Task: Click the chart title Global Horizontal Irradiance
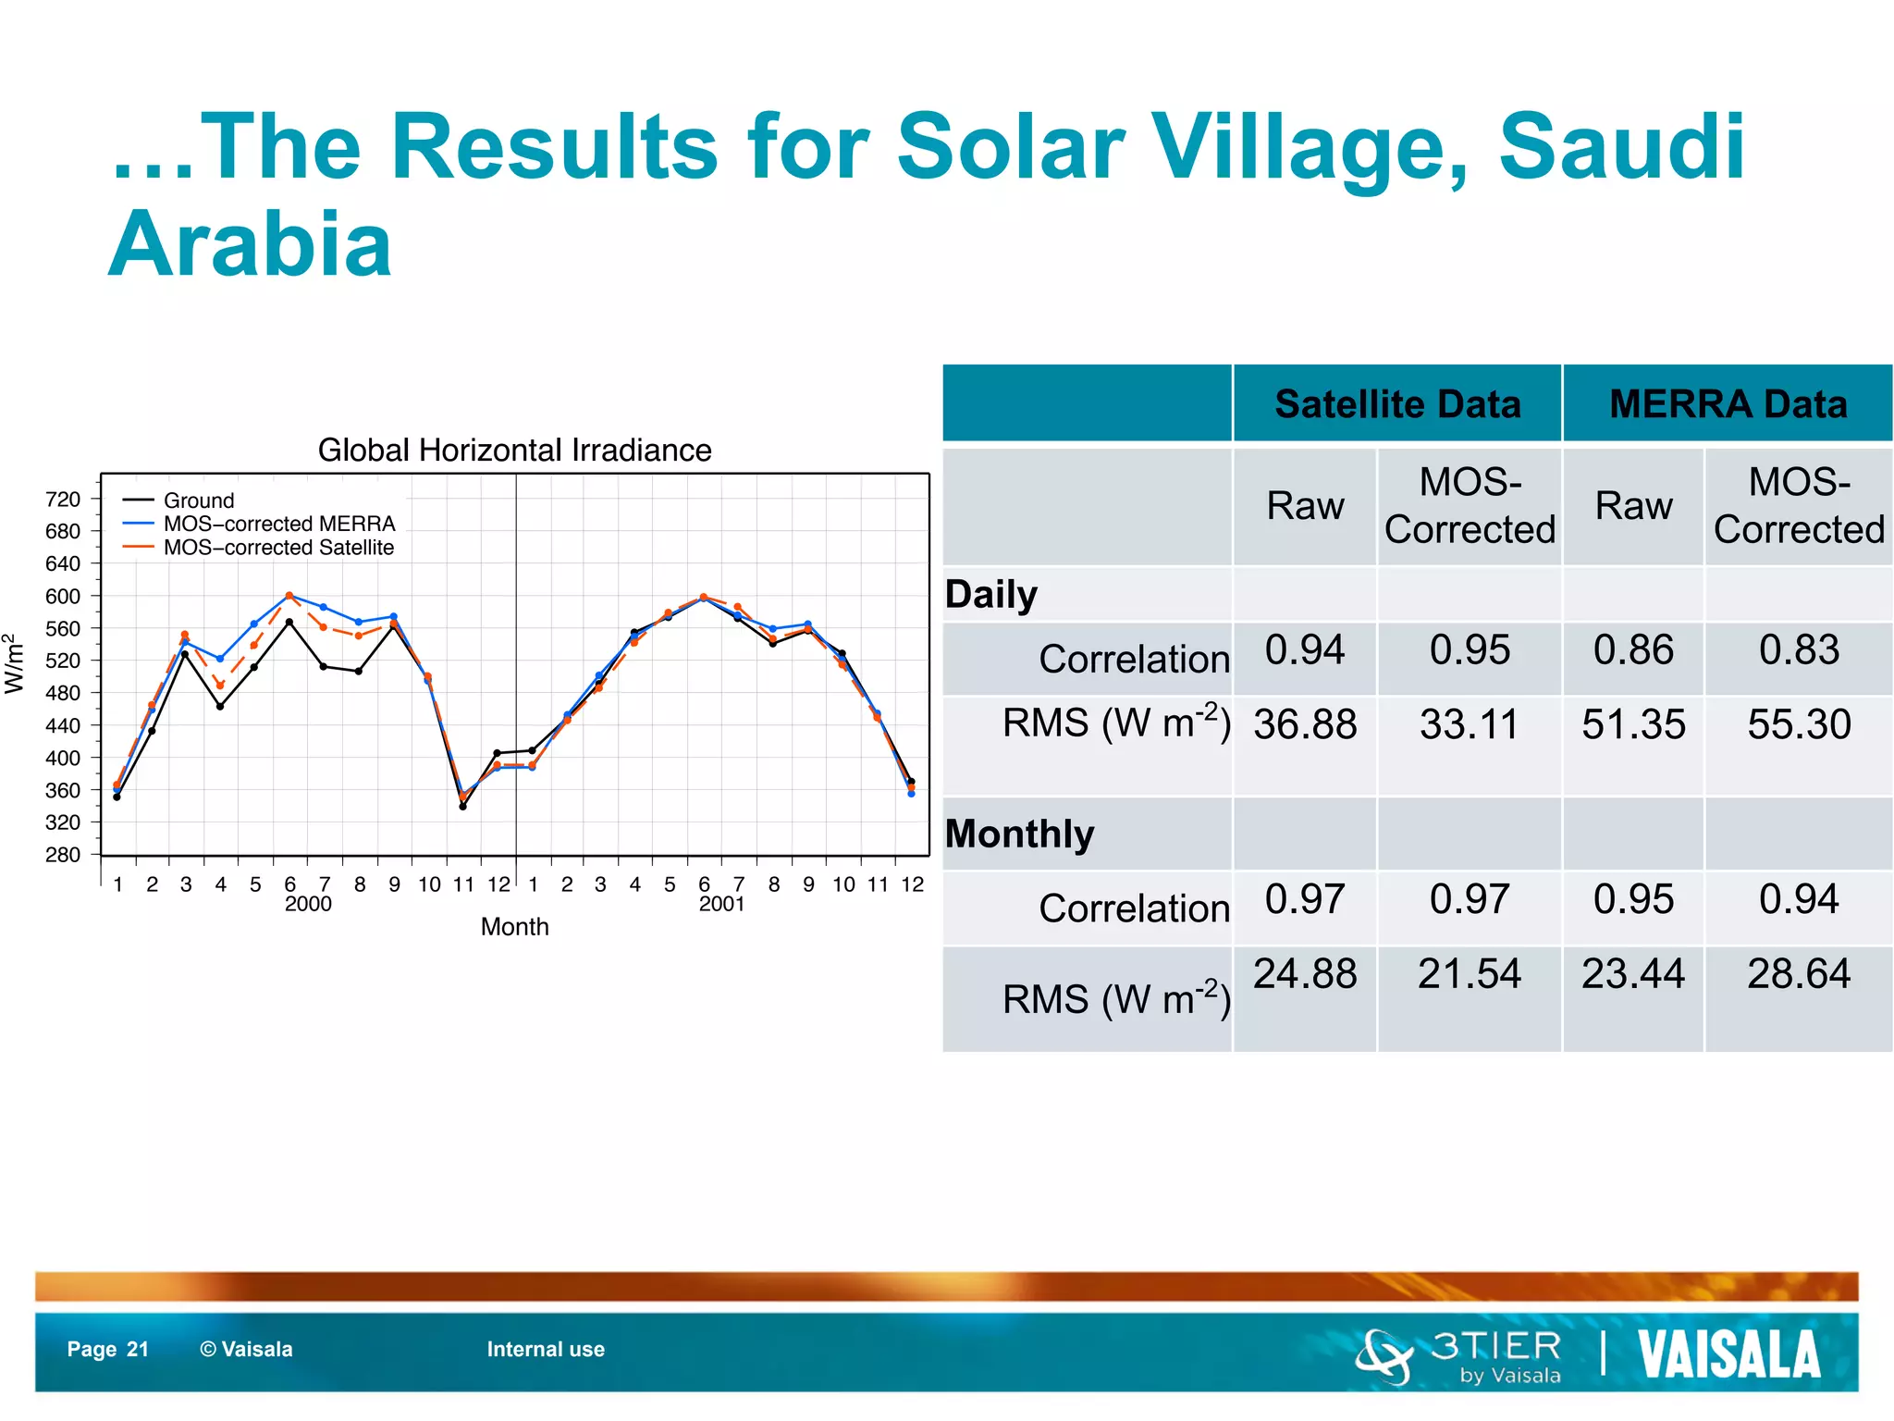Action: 514,451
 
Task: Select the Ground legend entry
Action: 198,500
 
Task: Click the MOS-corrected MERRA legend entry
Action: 278,524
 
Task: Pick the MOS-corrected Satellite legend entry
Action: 278,548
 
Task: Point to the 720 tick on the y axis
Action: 63,500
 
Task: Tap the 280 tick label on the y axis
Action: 63,855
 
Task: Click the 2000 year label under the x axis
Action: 308,904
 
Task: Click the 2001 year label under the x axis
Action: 721,904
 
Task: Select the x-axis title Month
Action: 514,927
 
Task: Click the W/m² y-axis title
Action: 13,663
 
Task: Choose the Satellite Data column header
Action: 1397,404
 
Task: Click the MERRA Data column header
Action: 1728,404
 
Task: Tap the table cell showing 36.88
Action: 1305,724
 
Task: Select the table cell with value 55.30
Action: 1799,724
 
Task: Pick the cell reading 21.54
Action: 1470,974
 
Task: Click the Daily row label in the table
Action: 991,594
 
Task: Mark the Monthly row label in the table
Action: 1019,834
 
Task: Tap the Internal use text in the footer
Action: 546,1350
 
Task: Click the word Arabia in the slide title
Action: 251,244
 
